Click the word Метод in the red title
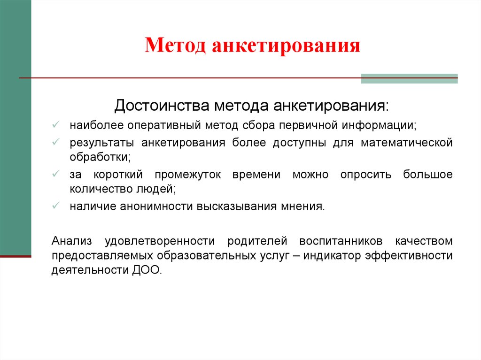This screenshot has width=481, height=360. point(175,46)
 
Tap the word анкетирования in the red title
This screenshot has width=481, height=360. point(286,46)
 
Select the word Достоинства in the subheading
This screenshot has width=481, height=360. point(162,106)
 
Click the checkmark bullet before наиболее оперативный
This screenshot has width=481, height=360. point(56,124)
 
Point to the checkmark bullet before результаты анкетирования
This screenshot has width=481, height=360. point(56,142)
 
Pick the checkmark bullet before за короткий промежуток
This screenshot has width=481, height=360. point(56,174)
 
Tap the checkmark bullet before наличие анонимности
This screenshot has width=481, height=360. point(56,205)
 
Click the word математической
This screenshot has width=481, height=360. point(406,143)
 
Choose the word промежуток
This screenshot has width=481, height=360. point(188,175)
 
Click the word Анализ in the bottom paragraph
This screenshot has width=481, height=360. point(72,241)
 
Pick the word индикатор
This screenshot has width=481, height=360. point(332,255)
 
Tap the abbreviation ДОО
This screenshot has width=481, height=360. point(147,270)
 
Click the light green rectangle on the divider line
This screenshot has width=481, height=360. point(409,78)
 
